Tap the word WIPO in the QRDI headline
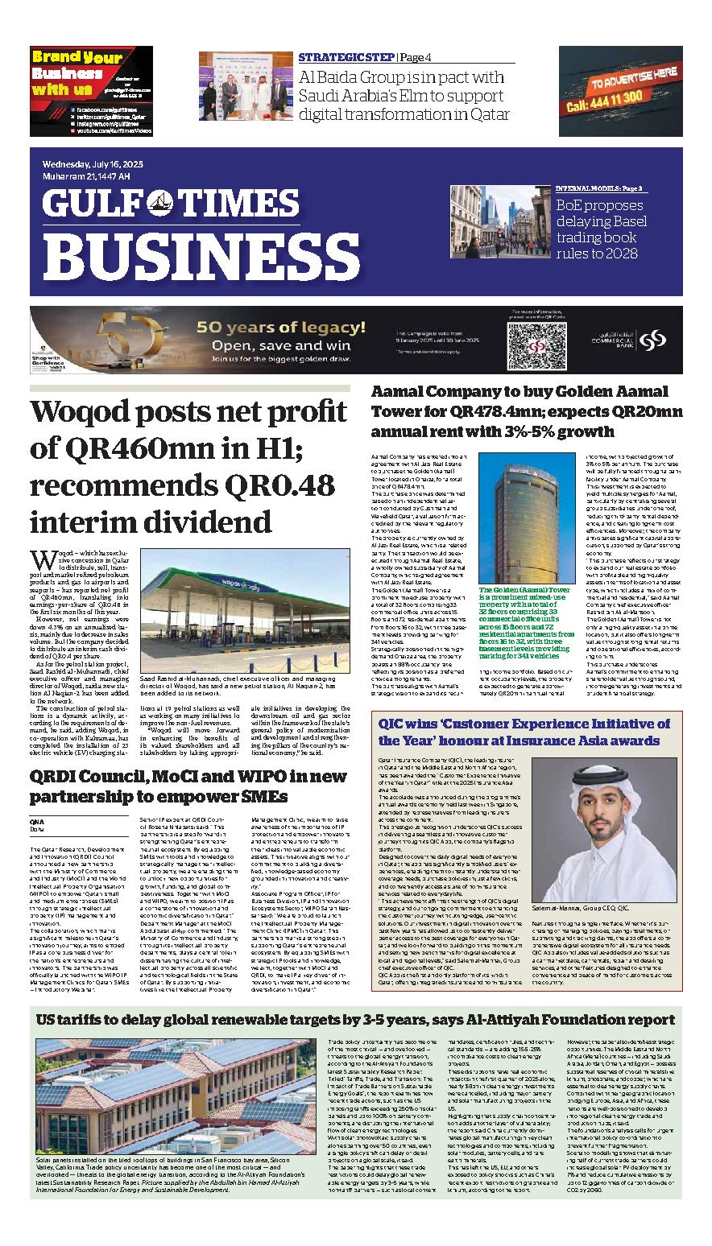237,775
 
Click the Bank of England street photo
499,224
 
